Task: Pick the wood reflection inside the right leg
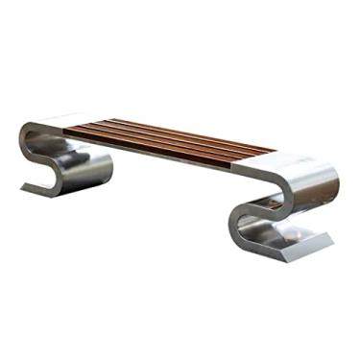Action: click(x=273, y=203)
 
